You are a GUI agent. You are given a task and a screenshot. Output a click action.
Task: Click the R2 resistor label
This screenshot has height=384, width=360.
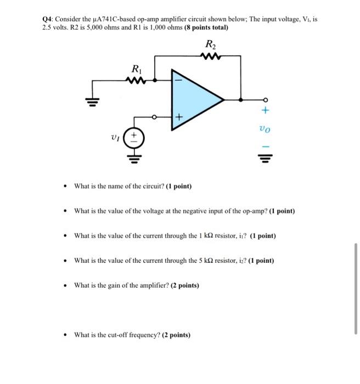210,44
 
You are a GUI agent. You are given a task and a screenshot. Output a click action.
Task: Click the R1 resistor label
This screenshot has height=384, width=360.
135,70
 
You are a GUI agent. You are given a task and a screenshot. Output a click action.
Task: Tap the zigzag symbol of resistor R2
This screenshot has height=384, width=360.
210,55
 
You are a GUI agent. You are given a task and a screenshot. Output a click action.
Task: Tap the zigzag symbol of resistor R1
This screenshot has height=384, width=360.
135,80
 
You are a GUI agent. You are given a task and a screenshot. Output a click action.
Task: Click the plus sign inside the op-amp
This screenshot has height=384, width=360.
178,117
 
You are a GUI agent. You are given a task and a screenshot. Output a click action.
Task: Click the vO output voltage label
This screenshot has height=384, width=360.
266,130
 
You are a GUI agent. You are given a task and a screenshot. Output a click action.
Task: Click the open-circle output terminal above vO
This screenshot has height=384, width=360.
266,100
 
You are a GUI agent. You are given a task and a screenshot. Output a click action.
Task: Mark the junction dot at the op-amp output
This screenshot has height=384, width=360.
241,100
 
